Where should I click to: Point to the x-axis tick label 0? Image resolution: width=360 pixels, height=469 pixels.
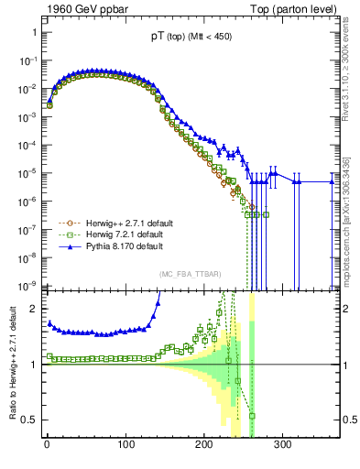[x=46, y=444]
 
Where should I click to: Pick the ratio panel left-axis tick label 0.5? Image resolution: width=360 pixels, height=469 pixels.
[x=30, y=420]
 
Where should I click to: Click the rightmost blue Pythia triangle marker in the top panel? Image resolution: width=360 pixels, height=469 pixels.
[x=332, y=181]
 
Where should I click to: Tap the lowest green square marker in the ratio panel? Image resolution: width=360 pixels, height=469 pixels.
[x=252, y=416]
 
